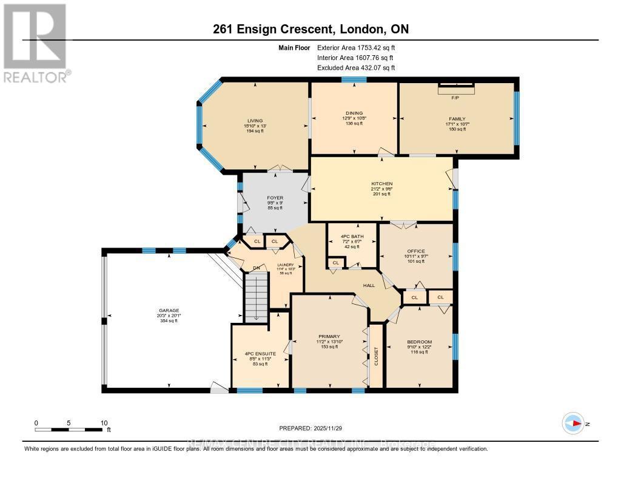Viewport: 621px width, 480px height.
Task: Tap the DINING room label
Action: [354, 113]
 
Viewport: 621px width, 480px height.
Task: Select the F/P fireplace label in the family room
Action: [455, 97]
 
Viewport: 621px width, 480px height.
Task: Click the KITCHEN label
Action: [382, 183]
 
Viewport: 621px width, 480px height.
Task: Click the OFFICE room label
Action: [416, 251]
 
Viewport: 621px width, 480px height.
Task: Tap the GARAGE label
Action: [169, 310]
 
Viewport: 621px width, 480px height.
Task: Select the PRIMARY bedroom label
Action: [329, 336]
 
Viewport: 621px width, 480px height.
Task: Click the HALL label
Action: [369, 285]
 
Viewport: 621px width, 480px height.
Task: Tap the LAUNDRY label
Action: [286, 265]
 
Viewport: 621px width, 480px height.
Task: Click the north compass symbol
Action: [573, 423]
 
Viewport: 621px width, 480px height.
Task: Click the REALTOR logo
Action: [35, 42]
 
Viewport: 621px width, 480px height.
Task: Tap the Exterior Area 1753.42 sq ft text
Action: [357, 47]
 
